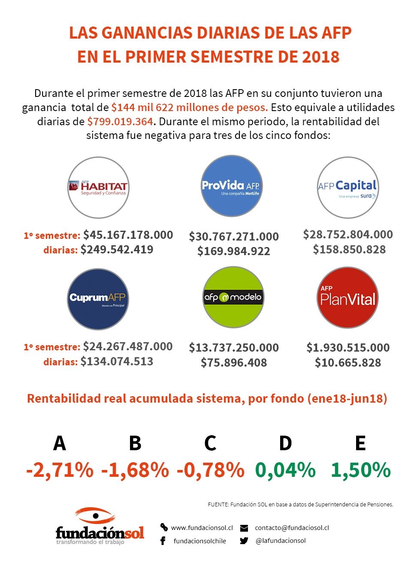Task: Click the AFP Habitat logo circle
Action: (98, 187)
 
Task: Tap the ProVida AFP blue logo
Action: (232, 186)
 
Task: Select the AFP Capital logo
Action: (347, 187)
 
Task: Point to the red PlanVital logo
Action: (347, 298)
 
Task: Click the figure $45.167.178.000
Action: (128, 235)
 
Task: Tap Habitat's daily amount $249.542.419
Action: (117, 250)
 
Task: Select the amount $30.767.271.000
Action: (234, 237)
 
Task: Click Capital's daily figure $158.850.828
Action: (349, 250)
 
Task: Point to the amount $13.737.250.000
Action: (234, 348)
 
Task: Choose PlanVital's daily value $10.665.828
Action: (348, 363)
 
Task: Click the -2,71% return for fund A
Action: (60, 470)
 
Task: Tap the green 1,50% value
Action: (361, 470)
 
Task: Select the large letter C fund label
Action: (210, 443)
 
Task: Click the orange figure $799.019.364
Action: (120, 122)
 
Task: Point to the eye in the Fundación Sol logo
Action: (96, 515)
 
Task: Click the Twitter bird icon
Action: (244, 541)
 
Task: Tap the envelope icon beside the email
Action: (244, 528)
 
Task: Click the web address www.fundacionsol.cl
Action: (202, 528)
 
